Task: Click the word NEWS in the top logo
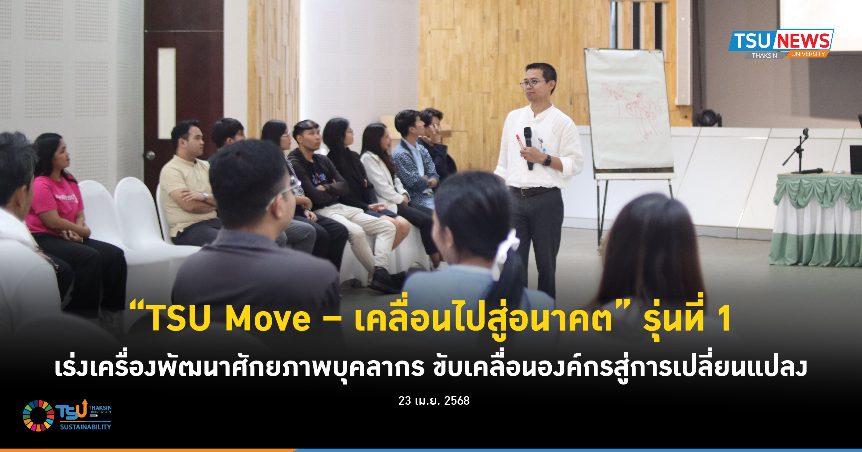[x=803, y=40]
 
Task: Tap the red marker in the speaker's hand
[x=520, y=141]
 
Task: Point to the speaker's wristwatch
[x=547, y=160]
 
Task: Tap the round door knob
[x=150, y=155]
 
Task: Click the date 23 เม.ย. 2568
[x=434, y=401]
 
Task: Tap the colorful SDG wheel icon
[x=38, y=415]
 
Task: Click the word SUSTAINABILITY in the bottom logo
[x=86, y=427]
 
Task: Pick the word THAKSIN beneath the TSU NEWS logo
[x=764, y=56]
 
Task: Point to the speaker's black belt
[x=533, y=190]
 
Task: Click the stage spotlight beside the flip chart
[x=708, y=118]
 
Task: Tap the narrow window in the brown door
[x=167, y=93]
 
